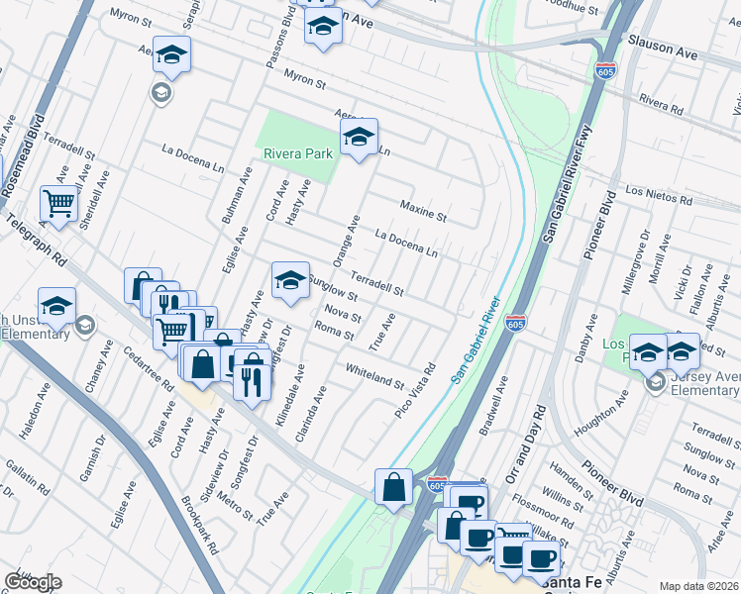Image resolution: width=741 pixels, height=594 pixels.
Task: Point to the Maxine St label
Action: pos(423,210)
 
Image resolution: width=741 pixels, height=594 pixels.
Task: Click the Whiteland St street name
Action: pos(374,376)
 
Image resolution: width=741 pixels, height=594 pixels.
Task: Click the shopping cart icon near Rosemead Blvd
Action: pos(58,204)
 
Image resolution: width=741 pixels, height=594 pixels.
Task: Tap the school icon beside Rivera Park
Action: pos(359,137)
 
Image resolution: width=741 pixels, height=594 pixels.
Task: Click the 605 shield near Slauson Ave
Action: pos(606,71)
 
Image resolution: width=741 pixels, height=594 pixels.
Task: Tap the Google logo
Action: pos(33,582)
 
